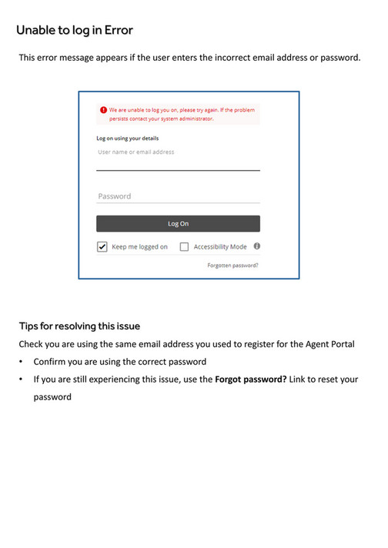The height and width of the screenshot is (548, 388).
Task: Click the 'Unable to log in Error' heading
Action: (75, 30)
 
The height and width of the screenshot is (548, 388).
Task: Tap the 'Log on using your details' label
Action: (127, 139)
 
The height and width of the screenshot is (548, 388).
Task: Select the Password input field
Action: (178, 196)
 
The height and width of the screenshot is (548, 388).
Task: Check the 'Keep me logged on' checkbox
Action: (102, 247)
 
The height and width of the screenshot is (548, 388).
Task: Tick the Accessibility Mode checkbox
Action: (184, 247)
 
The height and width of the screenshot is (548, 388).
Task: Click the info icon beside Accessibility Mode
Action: (256, 246)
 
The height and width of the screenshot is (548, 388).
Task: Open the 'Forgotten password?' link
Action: (232, 265)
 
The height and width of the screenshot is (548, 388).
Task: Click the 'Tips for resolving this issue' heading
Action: (79, 326)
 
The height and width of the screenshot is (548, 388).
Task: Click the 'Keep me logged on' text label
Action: (139, 247)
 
